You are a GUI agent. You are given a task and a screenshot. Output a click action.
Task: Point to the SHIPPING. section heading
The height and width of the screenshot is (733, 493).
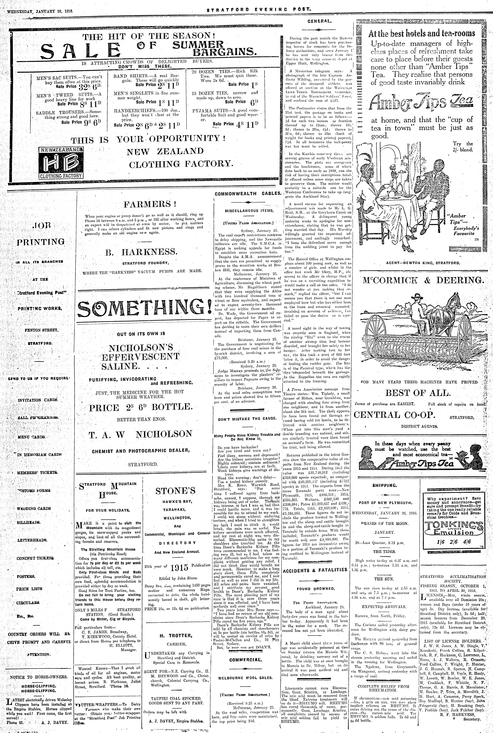tap(385, 485)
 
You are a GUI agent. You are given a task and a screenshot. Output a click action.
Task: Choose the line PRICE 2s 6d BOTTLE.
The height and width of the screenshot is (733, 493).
tap(140, 408)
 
